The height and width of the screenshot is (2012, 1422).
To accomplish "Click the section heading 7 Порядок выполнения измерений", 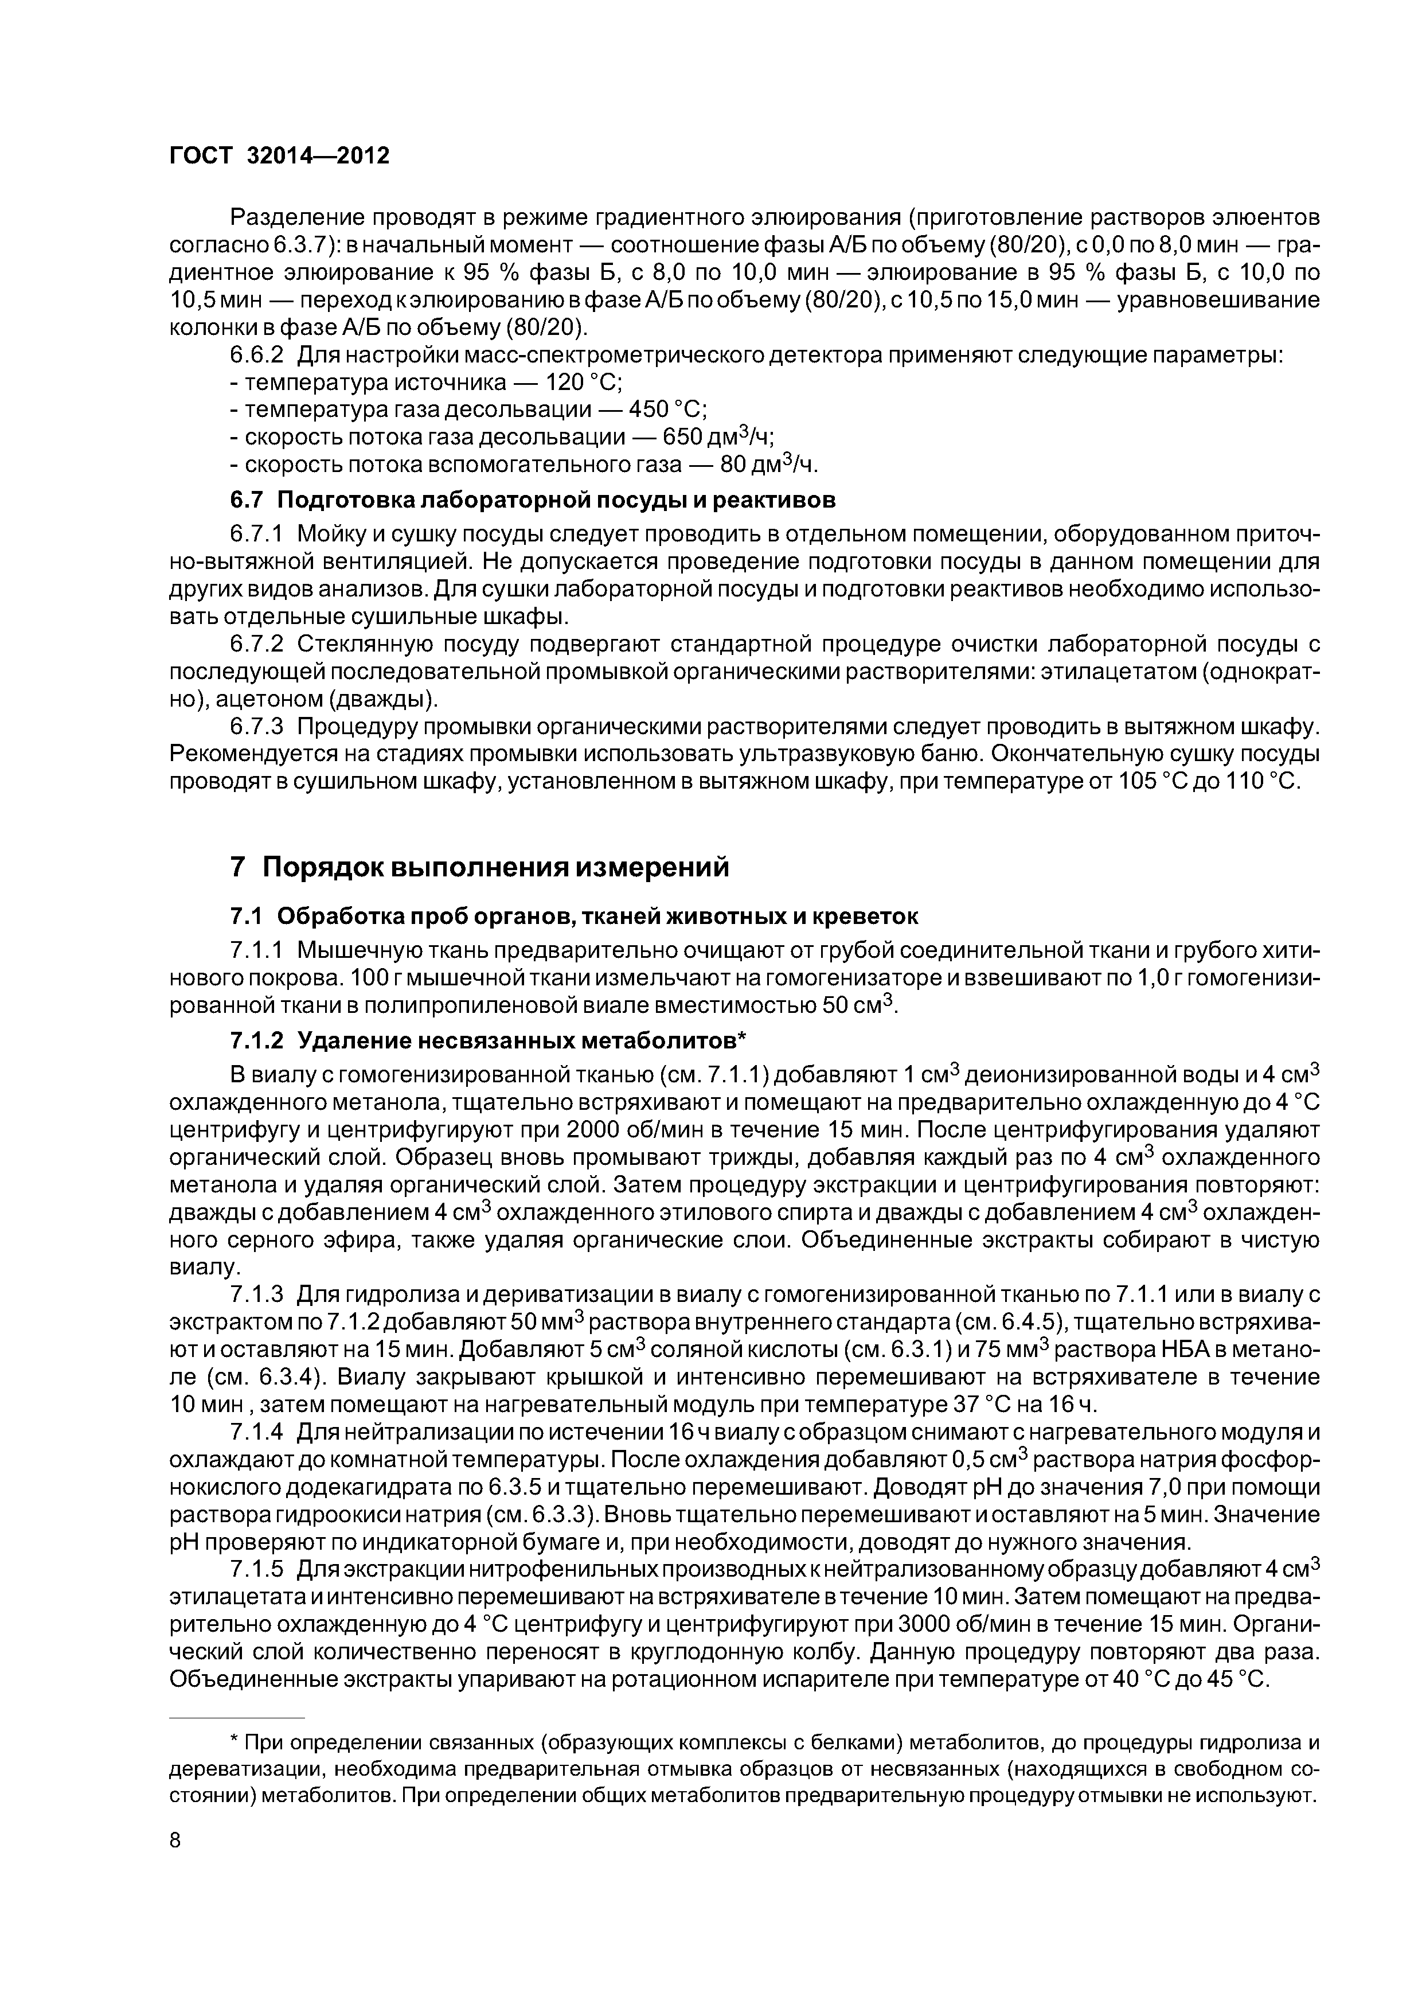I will tap(479, 868).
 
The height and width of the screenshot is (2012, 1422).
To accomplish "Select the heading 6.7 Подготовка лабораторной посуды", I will tap(532, 500).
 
